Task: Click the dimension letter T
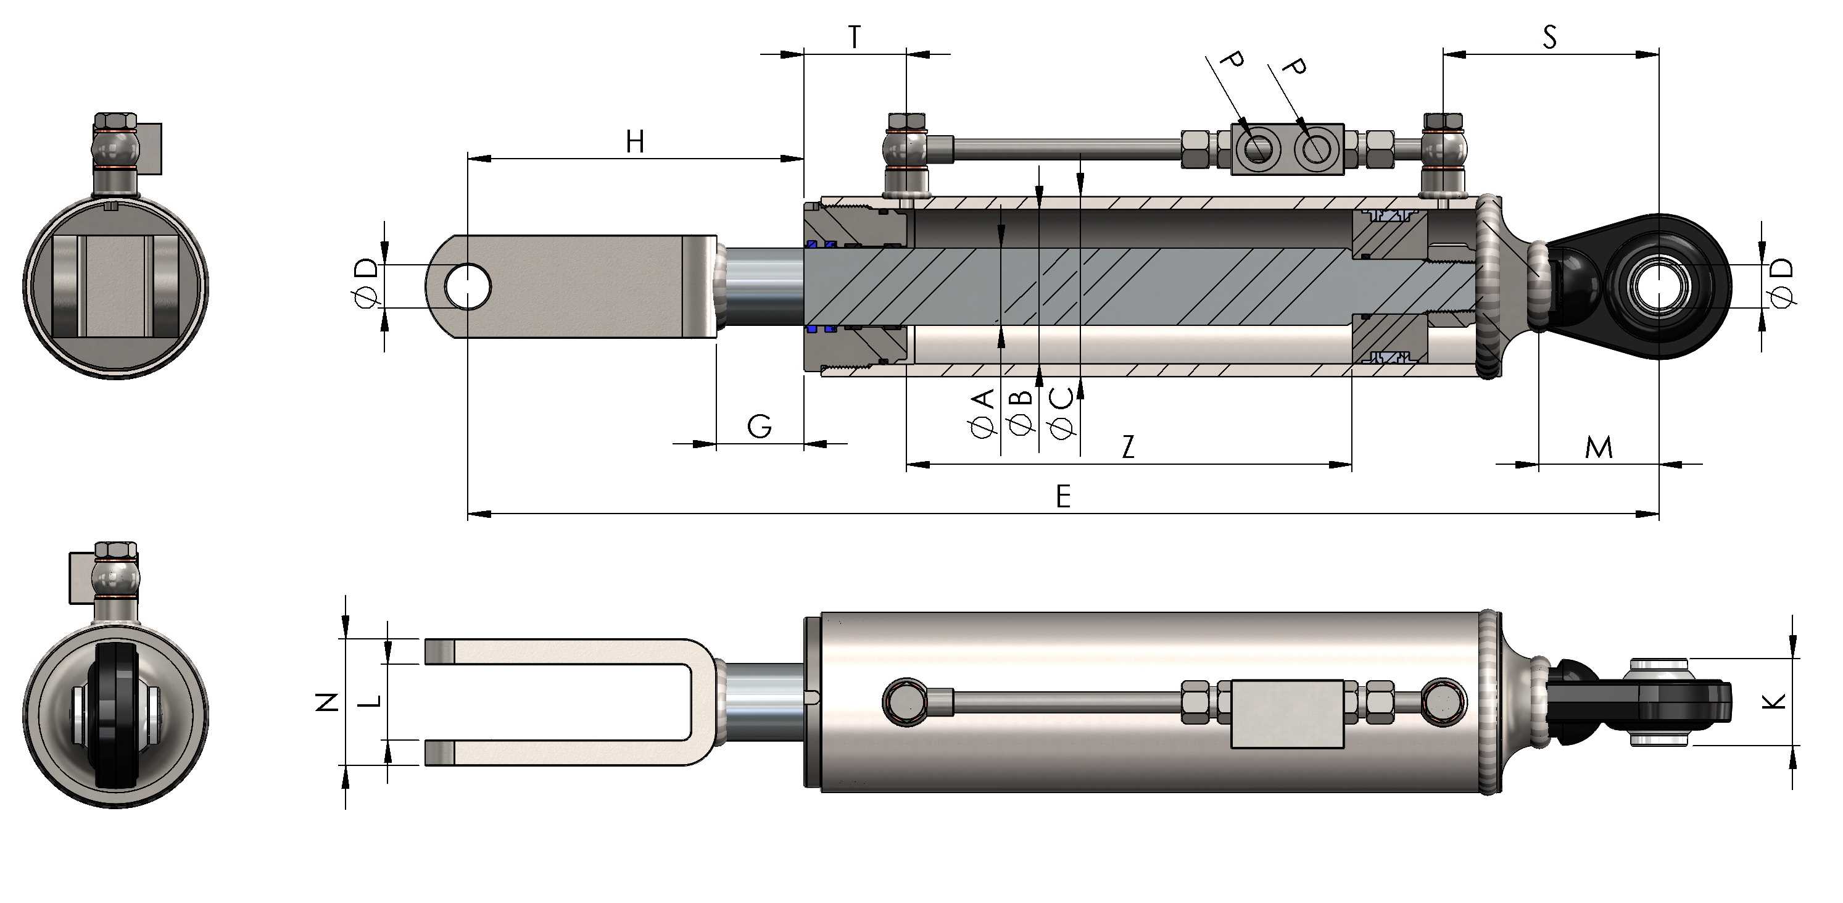click(x=855, y=36)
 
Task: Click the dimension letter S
click(x=1550, y=36)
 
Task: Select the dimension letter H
click(x=636, y=142)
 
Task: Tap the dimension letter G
click(x=759, y=427)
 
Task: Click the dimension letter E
click(x=1063, y=496)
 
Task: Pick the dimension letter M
click(x=1599, y=447)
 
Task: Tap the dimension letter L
click(x=369, y=701)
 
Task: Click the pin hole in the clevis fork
click(x=467, y=286)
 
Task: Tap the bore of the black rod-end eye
click(x=1659, y=286)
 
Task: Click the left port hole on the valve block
click(x=1257, y=148)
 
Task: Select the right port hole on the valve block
click(x=1315, y=148)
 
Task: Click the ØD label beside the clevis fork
click(x=367, y=284)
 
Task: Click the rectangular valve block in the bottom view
click(x=1287, y=714)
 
